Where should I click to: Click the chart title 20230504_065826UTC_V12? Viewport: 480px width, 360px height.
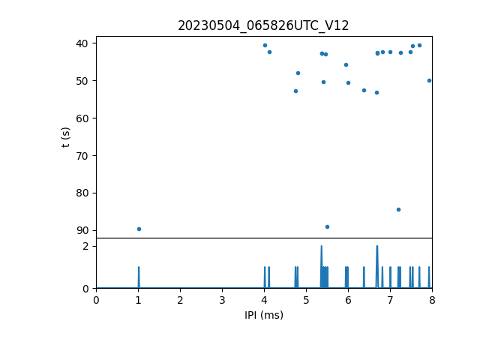(x=263, y=25)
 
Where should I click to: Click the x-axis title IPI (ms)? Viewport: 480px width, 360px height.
(x=263, y=315)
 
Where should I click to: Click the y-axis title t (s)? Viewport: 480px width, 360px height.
(x=65, y=136)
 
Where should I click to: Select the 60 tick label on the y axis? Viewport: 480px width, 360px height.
(x=82, y=118)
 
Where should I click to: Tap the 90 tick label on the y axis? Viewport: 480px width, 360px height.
(x=82, y=230)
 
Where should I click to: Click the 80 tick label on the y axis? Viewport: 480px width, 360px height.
(x=82, y=193)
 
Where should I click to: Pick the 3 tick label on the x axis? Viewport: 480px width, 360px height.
(x=222, y=301)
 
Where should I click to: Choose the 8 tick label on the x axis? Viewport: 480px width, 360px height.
(x=432, y=301)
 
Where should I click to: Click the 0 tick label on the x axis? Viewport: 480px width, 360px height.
(x=96, y=301)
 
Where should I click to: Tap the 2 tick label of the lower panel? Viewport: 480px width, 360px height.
(x=85, y=246)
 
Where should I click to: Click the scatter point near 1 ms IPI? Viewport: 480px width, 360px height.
(x=139, y=229)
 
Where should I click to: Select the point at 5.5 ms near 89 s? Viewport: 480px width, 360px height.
(x=327, y=226)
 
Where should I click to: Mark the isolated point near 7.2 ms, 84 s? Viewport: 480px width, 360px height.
(x=398, y=209)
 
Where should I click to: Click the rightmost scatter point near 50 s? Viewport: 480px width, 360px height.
(x=429, y=80)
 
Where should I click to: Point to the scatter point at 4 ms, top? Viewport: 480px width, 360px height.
(x=265, y=45)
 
